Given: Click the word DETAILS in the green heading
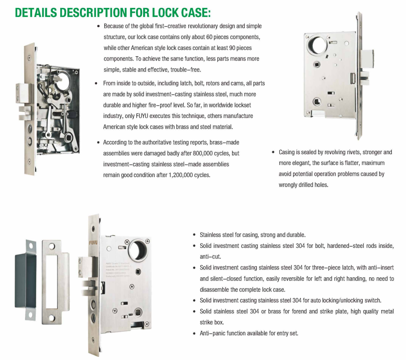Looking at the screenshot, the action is (x=36, y=13).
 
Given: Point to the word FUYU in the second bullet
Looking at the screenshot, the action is (x=142, y=116).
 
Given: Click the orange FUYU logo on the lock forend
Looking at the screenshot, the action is (x=94, y=243).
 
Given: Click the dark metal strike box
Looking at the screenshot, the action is (x=25, y=280).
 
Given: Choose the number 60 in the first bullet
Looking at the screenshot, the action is (x=210, y=37).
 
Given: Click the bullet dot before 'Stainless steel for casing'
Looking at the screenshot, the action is (x=194, y=235).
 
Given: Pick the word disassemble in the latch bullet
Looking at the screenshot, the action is (x=214, y=290).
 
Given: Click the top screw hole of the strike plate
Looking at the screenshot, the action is (x=52, y=246).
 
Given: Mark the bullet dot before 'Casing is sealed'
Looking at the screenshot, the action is (x=273, y=152).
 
